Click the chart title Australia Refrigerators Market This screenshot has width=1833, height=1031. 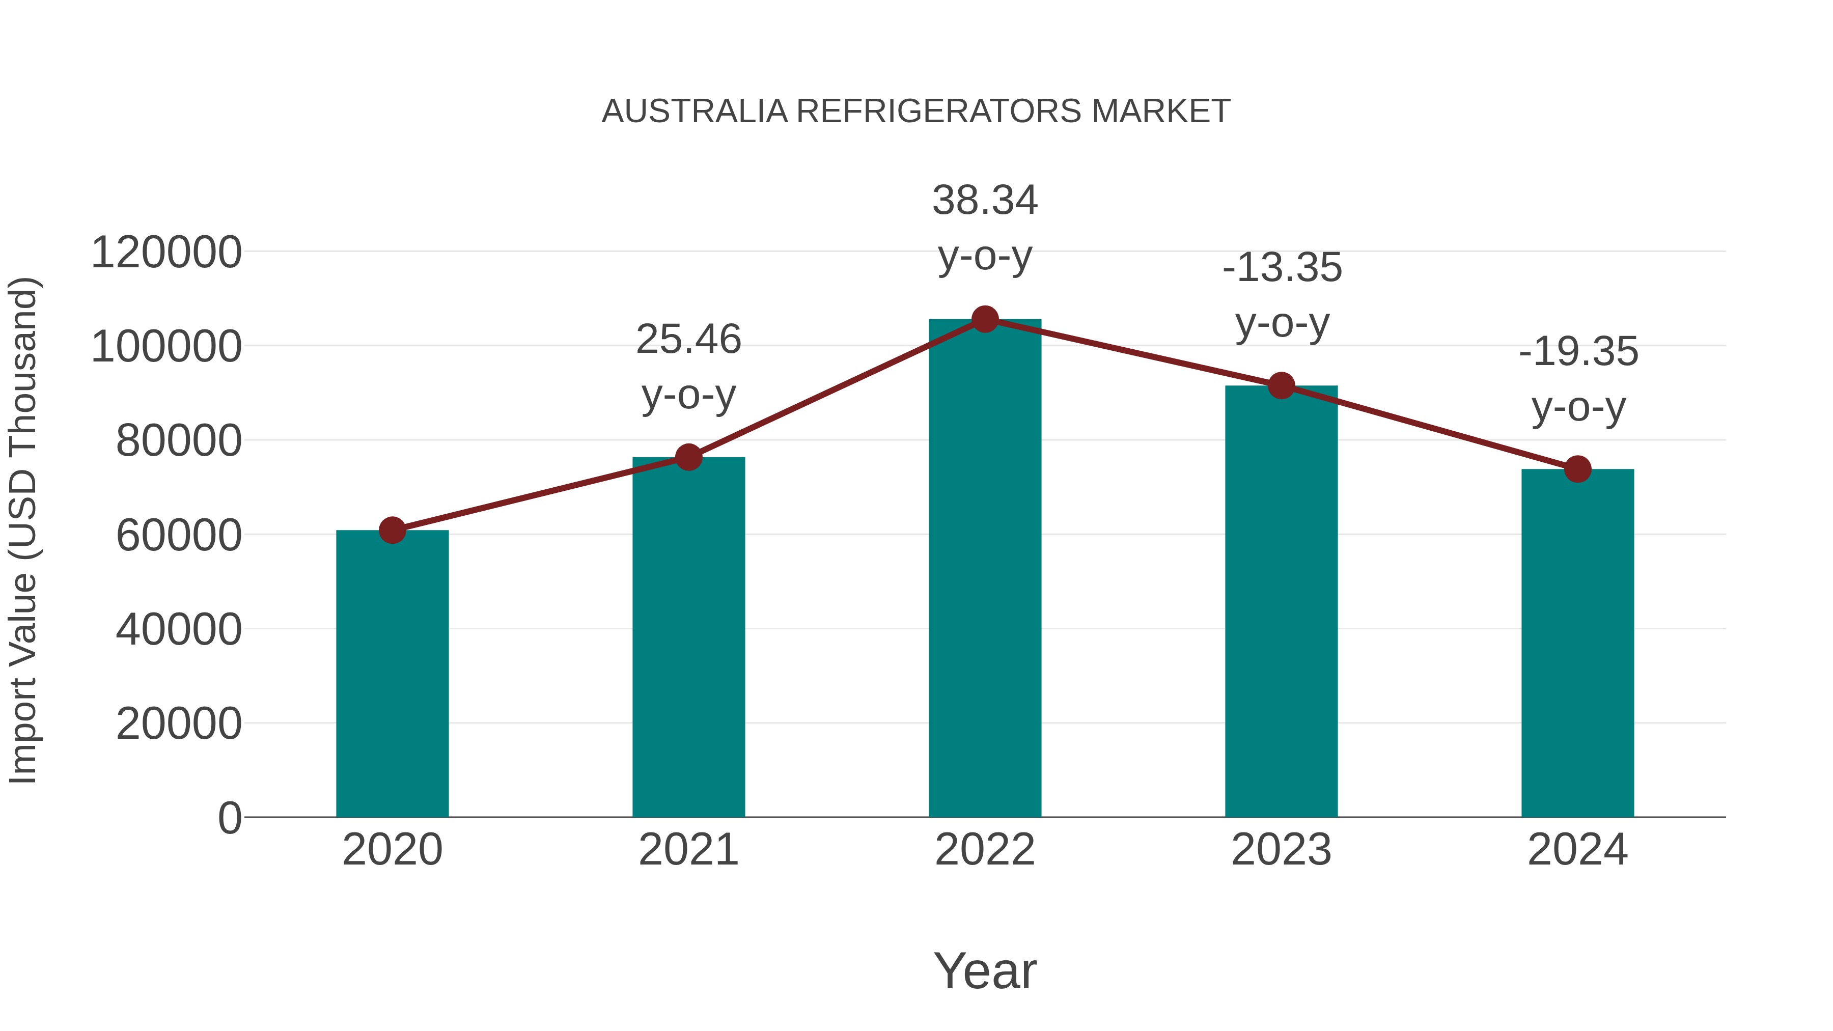click(x=916, y=111)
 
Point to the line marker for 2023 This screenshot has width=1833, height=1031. click(x=1281, y=385)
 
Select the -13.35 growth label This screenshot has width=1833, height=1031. click(x=1282, y=295)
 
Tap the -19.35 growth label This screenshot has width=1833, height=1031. click(x=1578, y=379)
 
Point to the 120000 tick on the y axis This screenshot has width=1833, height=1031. click(x=166, y=253)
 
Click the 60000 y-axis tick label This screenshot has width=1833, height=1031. click(x=179, y=535)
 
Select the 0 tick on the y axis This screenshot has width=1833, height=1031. click(x=230, y=818)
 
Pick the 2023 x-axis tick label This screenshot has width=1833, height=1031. click(x=1281, y=850)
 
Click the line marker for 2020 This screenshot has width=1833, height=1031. click(x=392, y=530)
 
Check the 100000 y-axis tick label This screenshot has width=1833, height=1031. click(x=166, y=347)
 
